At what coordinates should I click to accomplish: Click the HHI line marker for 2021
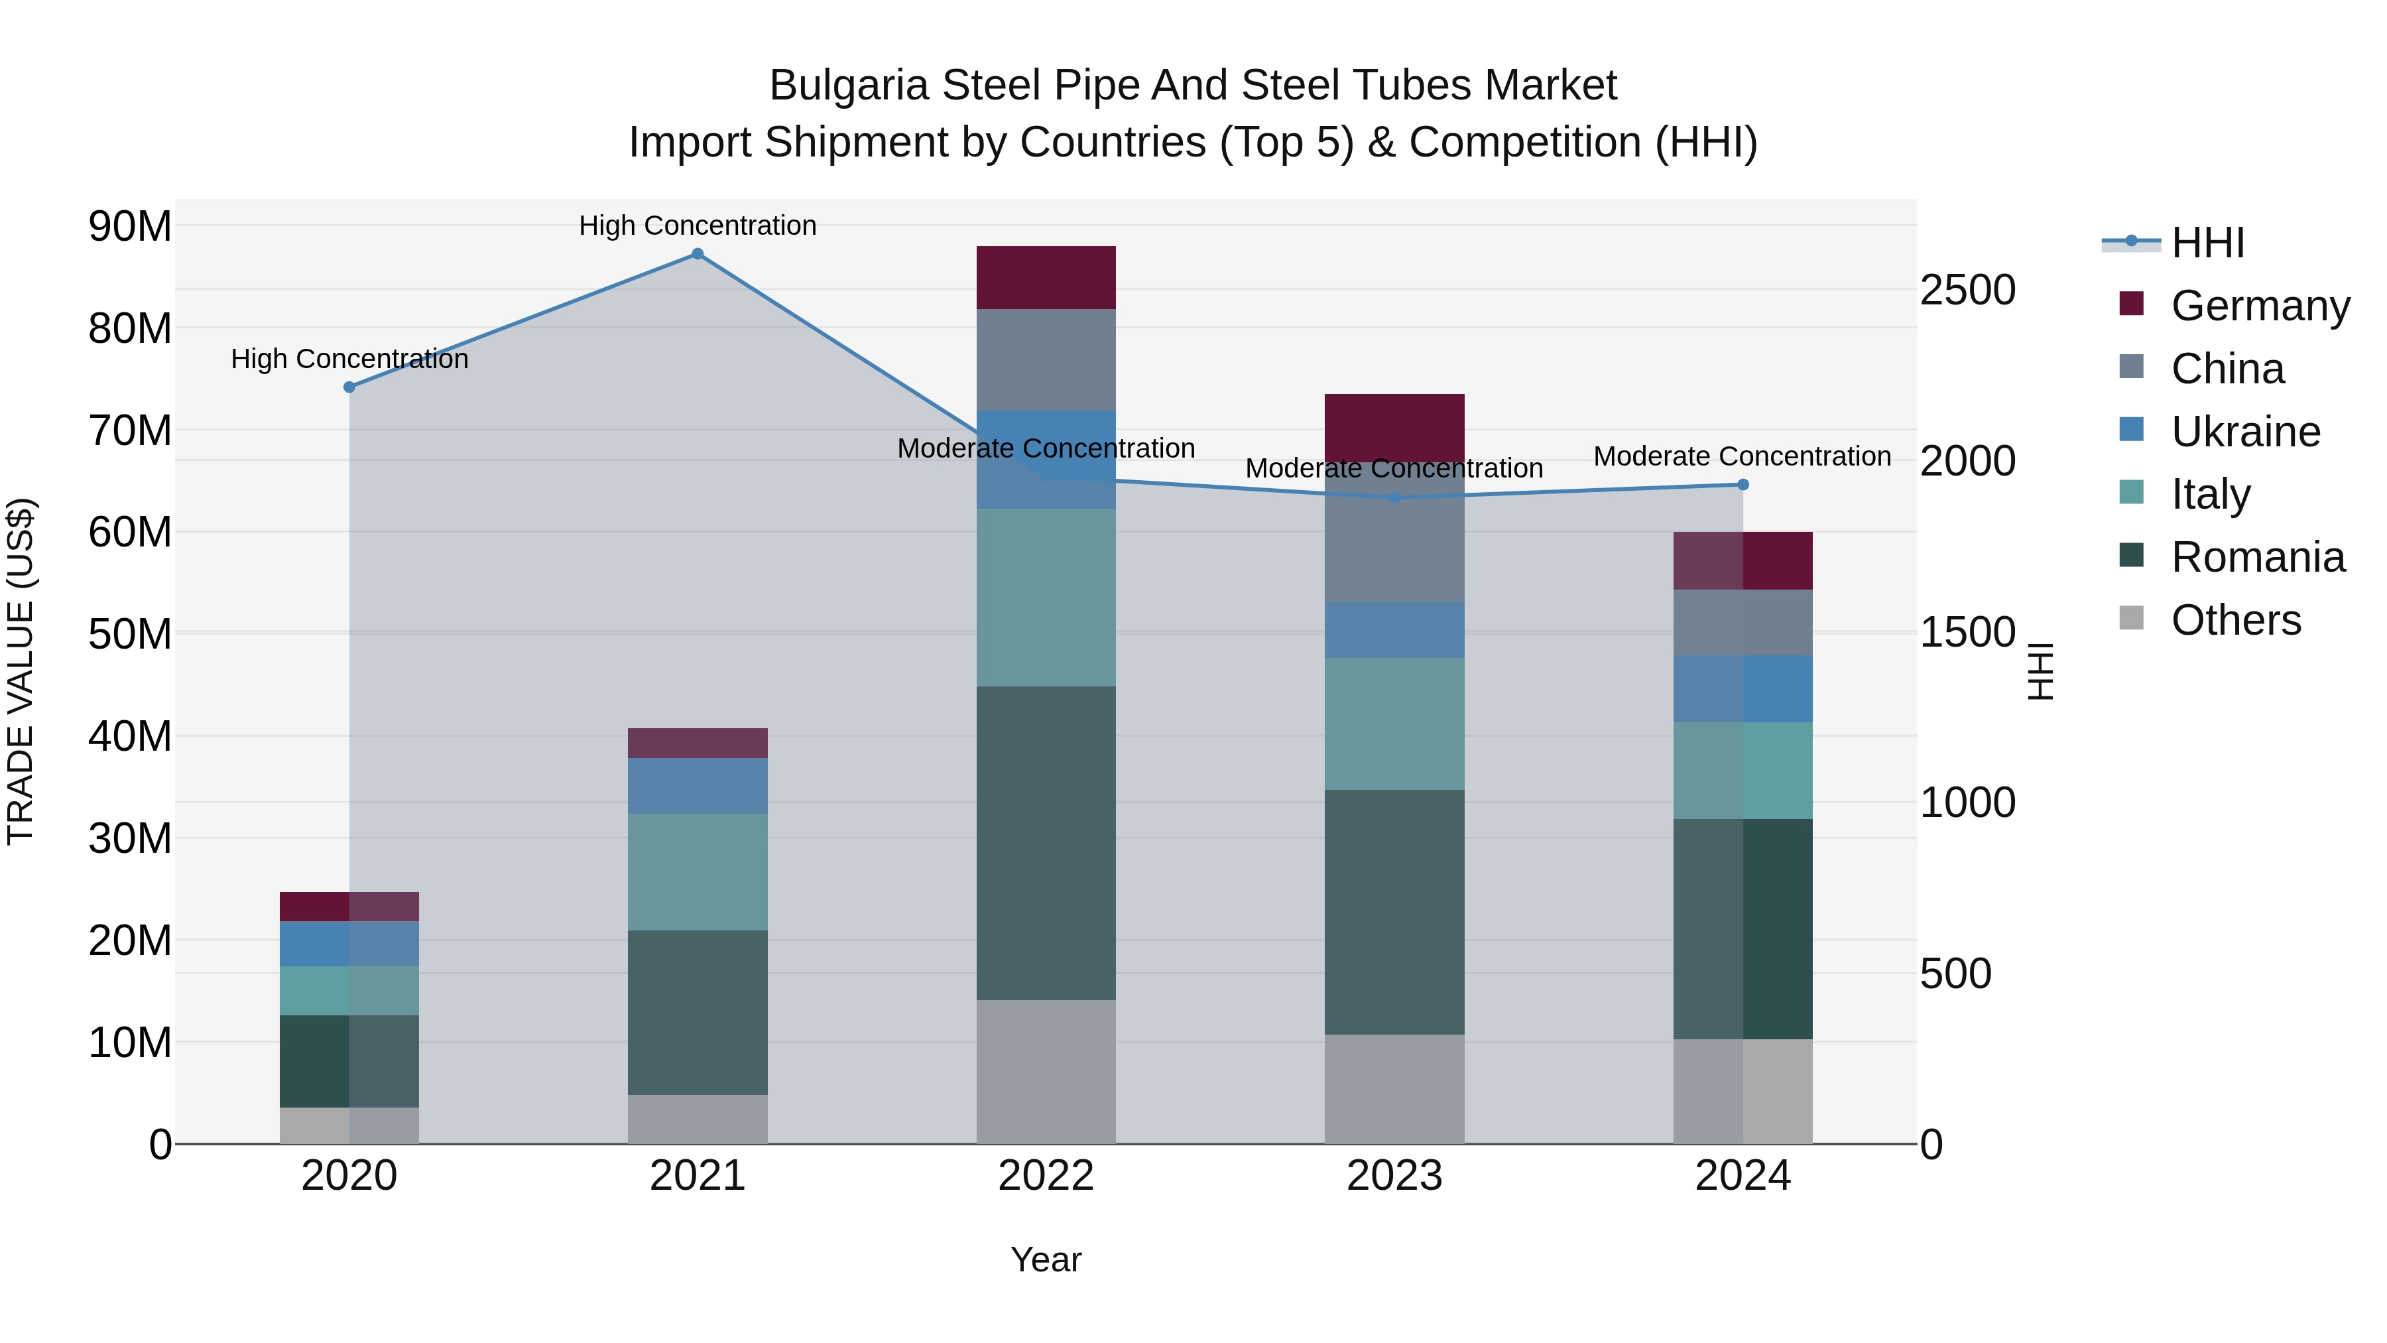pos(698,254)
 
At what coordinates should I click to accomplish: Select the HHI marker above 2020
pos(349,387)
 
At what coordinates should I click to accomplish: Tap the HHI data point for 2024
pos(1743,485)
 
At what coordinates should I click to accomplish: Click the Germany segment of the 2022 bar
pos(1046,278)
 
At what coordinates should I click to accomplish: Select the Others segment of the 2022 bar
pos(1046,1072)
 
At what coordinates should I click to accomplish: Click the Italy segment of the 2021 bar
pos(698,872)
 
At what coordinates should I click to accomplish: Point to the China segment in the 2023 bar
pos(1394,533)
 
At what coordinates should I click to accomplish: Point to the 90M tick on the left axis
pos(130,226)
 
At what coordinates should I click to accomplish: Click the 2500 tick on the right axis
pos(1967,290)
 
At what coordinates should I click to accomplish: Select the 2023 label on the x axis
pos(1394,1176)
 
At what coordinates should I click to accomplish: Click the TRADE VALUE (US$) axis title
pos(21,671)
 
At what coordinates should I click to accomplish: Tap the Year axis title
pos(1046,1259)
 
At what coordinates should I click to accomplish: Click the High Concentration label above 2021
pos(698,225)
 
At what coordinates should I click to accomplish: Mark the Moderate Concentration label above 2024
pos(1742,456)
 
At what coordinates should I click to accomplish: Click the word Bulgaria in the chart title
pos(849,86)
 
